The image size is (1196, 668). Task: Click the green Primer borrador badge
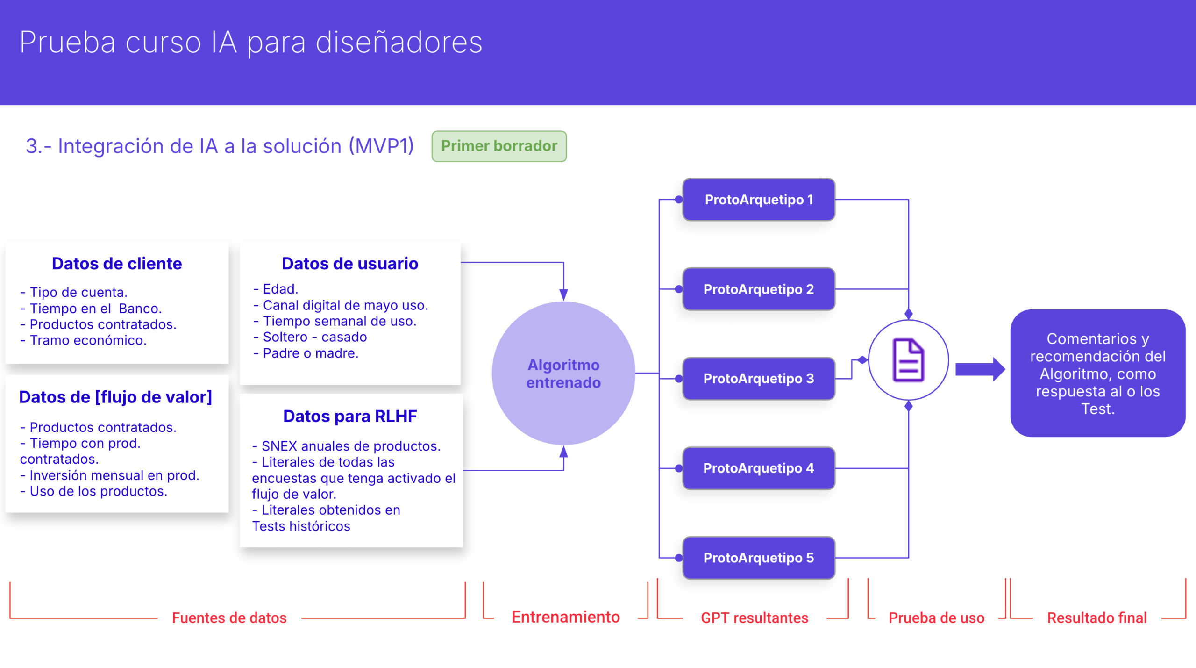pyautogui.click(x=499, y=146)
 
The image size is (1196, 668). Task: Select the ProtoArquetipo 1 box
pyautogui.click(x=758, y=200)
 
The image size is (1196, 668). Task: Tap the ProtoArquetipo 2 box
pyautogui.click(x=758, y=289)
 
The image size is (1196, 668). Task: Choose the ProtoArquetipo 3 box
pyautogui.click(x=758, y=379)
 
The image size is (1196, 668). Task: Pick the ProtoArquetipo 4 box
pyautogui.click(x=758, y=468)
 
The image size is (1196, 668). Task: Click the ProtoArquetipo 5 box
pyautogui.click(x=758, y=558)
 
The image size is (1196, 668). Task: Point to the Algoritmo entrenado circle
pyautogui.click(x=563, y=374)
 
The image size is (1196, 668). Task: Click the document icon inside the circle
pyautogui.click(x=908, y=360)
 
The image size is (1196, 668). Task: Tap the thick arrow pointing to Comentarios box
pyautogui.click(x=979, y=369)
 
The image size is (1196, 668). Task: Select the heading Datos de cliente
pyautogui.click(x=117, y=264)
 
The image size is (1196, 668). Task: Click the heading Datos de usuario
pyautogui.click(x=350, y=264)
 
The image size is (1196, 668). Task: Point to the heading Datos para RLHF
pyautogui.click(x=350, y=416)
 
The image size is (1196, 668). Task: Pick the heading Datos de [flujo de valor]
pyautogui.click(x=115, y=397)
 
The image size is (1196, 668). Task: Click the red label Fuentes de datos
pyautogui.click(x=229, y=618)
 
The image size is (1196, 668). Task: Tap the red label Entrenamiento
pyautogui.click(x=565, y=617)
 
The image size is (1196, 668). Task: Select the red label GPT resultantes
pyautogui.click(x=754, y=618)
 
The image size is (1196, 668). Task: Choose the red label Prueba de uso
pyautogui.click(x=936, y=618)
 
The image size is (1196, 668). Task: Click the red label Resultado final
pyautogui.click(x=1096, y=618)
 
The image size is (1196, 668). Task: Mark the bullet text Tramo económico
pyautogui.click(x=88, y=340)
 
